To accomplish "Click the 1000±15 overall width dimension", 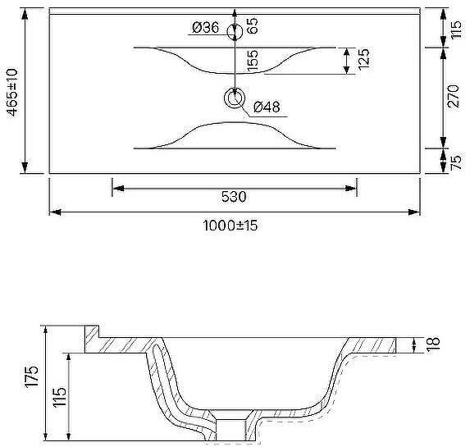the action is click(x=230, y=226).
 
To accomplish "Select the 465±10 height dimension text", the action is click(x=12, y=92).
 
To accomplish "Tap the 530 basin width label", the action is click(x=234, y=197).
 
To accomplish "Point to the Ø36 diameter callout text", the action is click(x=206, y=28).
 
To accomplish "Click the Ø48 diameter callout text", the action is click(x=267, y=107).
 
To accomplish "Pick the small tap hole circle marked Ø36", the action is click(x=235, y=32).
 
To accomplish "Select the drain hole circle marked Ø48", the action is click(x=235, y=98).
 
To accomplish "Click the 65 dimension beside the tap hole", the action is click(x=252, y=26).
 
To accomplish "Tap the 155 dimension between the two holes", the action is click(x=252, y=60).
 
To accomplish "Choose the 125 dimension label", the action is click(x=363, y=59).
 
